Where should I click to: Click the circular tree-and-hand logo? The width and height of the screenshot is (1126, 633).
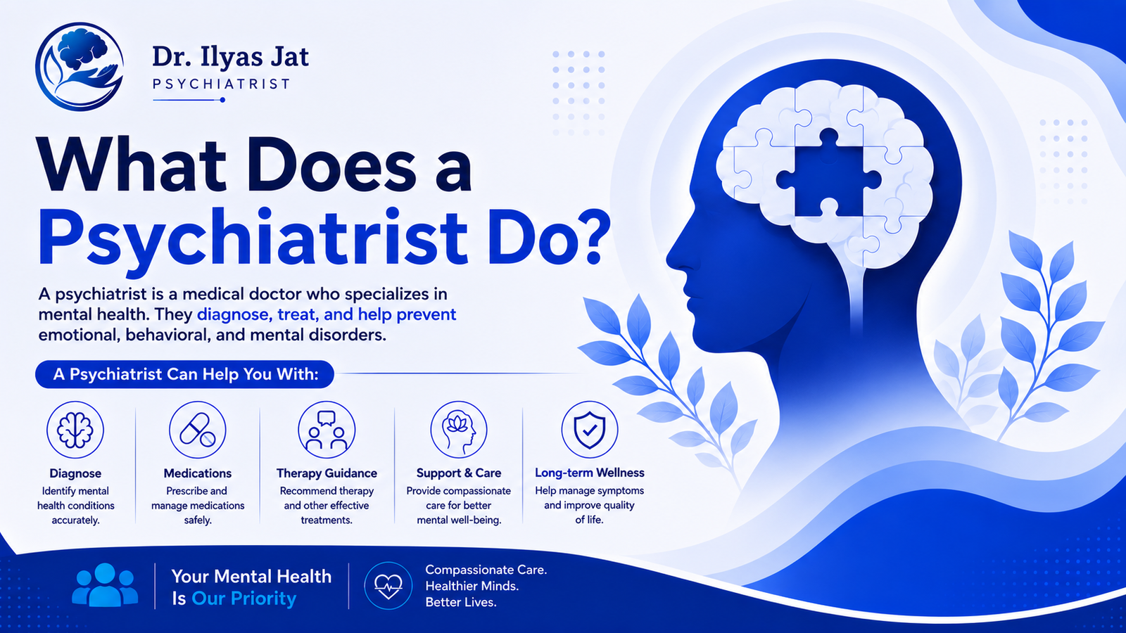80,67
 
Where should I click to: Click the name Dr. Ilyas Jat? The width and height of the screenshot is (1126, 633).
230,57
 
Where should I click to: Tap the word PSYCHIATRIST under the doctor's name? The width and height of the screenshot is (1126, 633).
221,84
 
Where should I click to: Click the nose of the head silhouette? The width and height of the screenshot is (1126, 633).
673,257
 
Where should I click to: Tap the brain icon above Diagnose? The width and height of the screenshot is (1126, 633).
75,430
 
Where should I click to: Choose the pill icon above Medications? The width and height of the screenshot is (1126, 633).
198,430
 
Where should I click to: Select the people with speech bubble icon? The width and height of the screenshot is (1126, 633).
327,430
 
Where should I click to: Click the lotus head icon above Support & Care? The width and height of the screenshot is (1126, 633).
458,430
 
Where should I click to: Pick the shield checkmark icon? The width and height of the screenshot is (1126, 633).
590,430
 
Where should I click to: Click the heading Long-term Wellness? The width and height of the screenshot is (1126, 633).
590,473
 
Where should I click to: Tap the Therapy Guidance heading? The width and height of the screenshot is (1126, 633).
327,473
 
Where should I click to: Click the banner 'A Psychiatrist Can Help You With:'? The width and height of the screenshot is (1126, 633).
185,374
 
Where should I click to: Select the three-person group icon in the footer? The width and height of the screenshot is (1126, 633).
105,584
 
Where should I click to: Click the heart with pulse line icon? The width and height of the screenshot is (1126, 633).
388,586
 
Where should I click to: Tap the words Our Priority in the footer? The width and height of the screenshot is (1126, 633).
243,599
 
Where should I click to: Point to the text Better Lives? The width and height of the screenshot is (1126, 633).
460,602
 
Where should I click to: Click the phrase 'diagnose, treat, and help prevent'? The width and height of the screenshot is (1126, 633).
327,314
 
